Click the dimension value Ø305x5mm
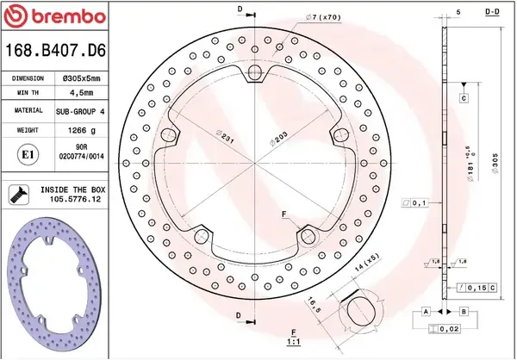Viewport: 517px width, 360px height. click(80, 78)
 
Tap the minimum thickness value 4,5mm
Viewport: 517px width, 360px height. click(80, 94)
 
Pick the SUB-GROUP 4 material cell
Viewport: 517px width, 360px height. click(80, 112)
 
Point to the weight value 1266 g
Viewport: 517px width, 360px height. click(80, 132)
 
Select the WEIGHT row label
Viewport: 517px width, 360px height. click(28, 132)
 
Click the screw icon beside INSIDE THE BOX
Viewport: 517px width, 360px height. click(17, 194)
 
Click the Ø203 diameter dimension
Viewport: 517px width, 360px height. click(277, 138)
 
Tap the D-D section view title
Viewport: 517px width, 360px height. click(494, 11)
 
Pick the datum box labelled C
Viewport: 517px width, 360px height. click(464, 98)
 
